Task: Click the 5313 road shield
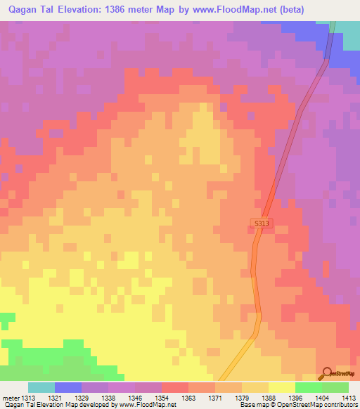[x=260, y=223]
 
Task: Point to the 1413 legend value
[x=349, y=398]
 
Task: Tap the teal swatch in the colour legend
[x=41, y=387]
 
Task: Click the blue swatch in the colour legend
[x=68, y=387]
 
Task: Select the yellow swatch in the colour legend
[x=282, y=387]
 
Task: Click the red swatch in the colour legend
[x=175, y=387]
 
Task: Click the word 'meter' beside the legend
[x=11, y=398]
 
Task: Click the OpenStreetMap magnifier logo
[x=326, y=373]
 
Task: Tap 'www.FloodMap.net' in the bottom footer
[x=146, y=405]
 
